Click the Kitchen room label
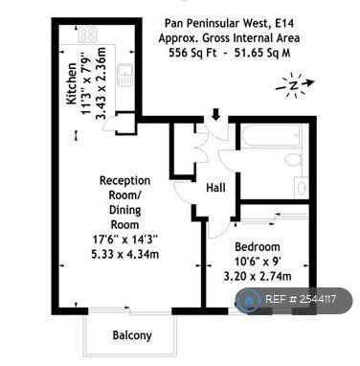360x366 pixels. tap(72, 83)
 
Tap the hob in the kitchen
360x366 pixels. tap(87, 34)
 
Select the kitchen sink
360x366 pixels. tap(124, 75)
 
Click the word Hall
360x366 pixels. tap(216, 188)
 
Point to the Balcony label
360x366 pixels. tap(132, 335)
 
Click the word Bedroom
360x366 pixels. tap(258, 247)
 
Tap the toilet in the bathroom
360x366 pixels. tap(294, 159)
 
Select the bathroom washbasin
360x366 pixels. tap(301, 187)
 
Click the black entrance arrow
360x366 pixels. tap(216, 115)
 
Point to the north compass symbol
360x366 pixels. tap(295, 85)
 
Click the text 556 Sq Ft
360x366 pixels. tap(191, 53)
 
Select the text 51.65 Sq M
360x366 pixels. tap(262, 53)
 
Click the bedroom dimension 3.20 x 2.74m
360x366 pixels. tap(258, 276)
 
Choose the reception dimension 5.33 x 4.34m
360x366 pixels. tap(125, 255)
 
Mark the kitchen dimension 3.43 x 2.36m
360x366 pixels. tap(101, 83)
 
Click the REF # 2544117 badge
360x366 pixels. tap(294, 300)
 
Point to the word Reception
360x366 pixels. tap(124, 180)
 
